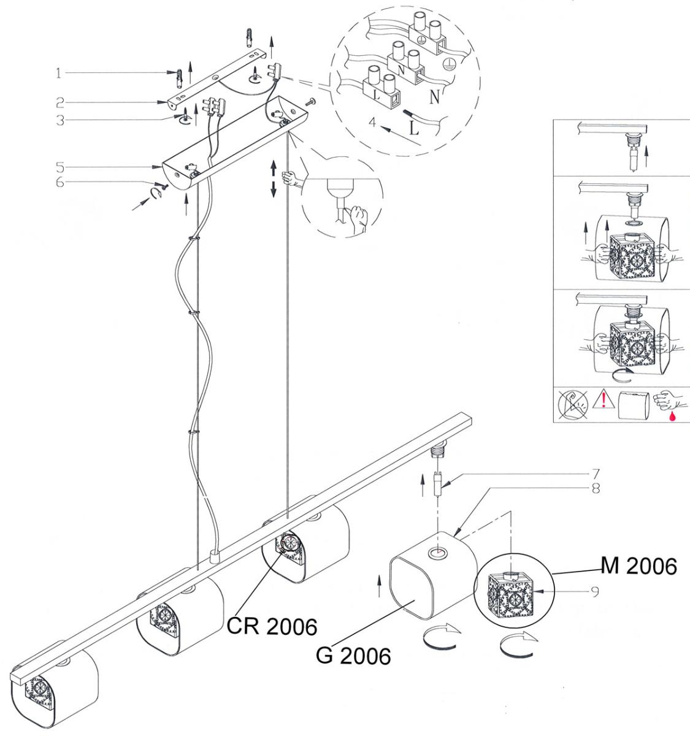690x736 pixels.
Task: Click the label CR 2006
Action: (x=272, y=626)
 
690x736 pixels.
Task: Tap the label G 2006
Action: (x=353, y=656)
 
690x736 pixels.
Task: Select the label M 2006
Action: (x=638, y=566)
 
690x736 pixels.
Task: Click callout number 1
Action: (x=58, y=73)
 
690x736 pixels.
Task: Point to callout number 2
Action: (x=60, y=102)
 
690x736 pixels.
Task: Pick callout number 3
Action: (x=60, y=120)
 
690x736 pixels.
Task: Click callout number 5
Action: (x=60, y=167)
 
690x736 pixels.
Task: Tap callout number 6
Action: (x=60, y=182)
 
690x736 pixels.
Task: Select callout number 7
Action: (x=596, y=473)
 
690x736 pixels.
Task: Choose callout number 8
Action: (x=596, y=488)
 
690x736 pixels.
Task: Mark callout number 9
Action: (x=595, y=592)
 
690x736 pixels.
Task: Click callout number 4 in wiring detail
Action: (x=374, y=121)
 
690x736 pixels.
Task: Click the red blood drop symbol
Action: (x=672, y=416)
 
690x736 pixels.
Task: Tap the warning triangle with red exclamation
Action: (x=604, y=399)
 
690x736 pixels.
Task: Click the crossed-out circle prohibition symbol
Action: (x=573, y=404)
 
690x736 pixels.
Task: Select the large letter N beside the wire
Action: (x=434, y=97)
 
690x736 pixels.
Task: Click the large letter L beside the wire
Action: (x=414, y=128)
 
